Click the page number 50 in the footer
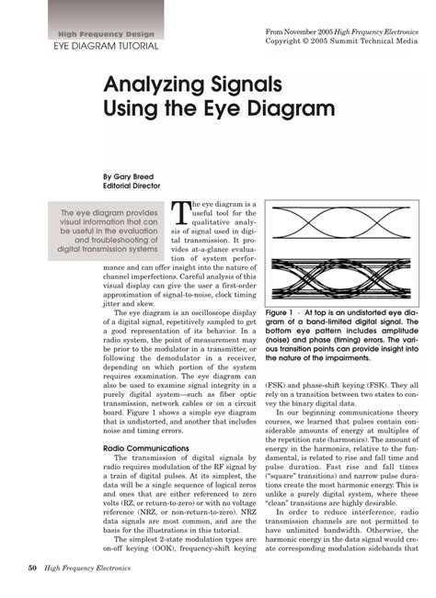click(x=31, y=570)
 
